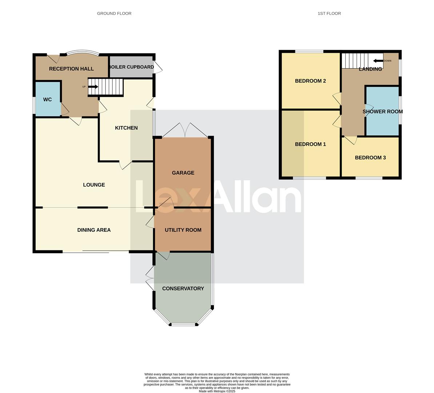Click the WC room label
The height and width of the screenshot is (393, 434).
pyautogui.click(x=47, y=100)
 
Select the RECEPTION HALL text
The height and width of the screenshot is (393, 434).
pyautogui.click(x=71, y=69)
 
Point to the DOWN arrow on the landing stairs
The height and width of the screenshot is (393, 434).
pyautogui.click(x=378, y=61)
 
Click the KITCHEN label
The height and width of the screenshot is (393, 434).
pyautogui.click(x=126, y=128)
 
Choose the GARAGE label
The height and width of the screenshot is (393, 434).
pyautogui.click(x=183, y=173)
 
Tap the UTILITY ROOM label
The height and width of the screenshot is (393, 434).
pyautogui.click(x=183, y=230)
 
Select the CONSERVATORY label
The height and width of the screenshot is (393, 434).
pyautogui.click(x=183, y=289)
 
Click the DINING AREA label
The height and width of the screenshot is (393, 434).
pyautogui.click(x=94, y=230)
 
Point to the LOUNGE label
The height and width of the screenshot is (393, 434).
pyautogui.click(x=94, y=185)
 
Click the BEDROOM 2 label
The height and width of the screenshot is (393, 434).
pyautogui.click(x=310, y=81)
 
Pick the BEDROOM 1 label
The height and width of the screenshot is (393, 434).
pyautogui.click(x=310, y=144)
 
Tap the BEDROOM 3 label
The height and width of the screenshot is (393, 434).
pyautogui.click(x=370, y=158)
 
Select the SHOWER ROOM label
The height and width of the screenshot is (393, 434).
pyautogui.click(x=383, y=112)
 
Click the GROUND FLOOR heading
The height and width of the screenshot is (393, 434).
pyautogui.click(x=114, y=13)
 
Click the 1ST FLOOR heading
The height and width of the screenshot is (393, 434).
pyautogui.click(x=329, y=13)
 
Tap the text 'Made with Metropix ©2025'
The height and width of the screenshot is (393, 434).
pyautogui.click(x=217, y=391)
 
